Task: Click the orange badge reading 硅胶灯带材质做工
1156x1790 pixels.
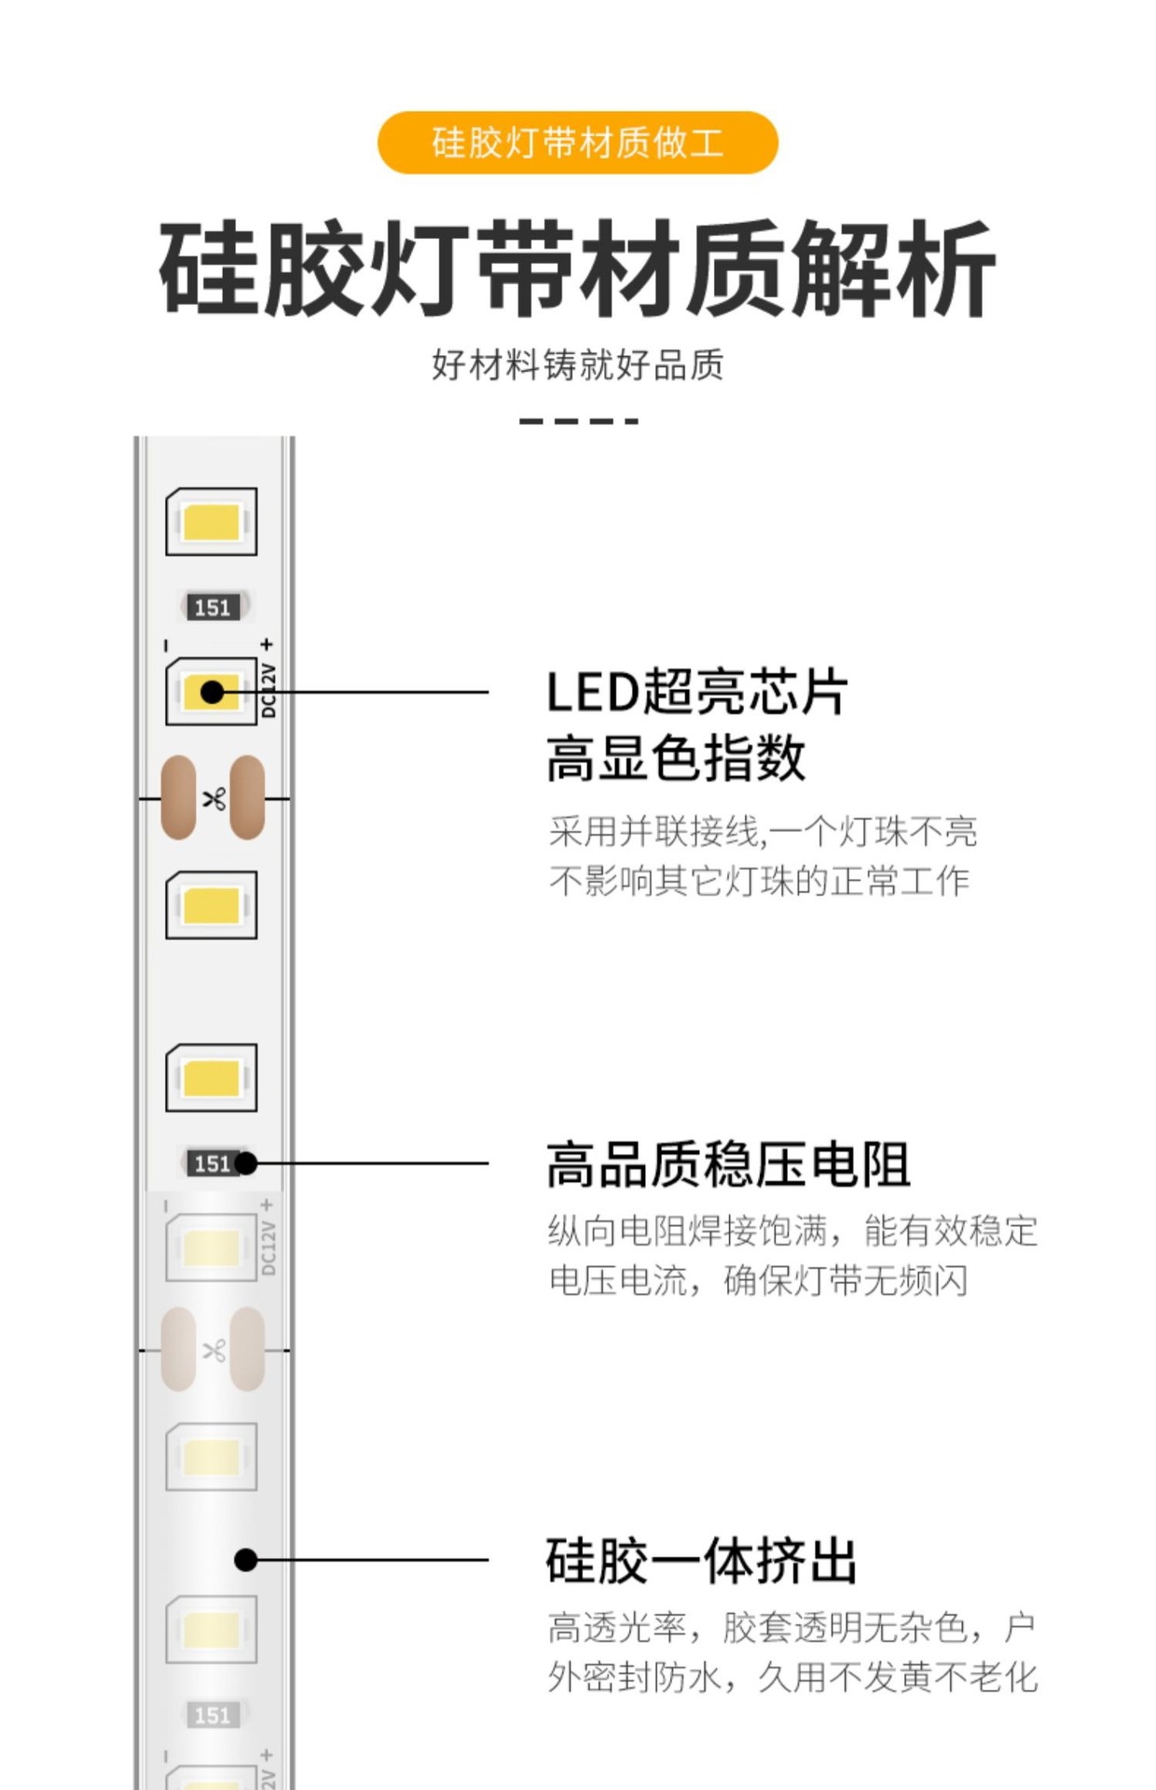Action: (x=577, y=143)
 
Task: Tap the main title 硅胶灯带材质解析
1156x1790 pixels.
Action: (x=577, y=268)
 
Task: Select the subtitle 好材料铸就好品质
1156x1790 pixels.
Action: (x=577, y=365)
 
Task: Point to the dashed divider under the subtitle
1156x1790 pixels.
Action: (x=578, y=421)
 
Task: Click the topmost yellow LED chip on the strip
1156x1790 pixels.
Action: (x=212, y=522)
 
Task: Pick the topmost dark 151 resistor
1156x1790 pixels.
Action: (x=213, y=608)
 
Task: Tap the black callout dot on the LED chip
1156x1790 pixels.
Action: (x=213, y=692)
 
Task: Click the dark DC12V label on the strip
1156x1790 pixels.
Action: (x=268, y=691)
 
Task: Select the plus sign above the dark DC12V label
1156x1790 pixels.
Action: (x=268, y=644)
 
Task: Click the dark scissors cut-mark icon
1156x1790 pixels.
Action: (x=214, y=798)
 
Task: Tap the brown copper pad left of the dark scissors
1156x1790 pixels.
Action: (x=178, y=797)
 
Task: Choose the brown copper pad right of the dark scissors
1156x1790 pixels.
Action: (x=248, y=797)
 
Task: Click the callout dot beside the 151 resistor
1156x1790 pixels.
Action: (x=246, y=1163)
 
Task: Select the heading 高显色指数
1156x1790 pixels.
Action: (x=676, y=757)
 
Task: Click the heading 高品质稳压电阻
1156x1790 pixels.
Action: (x=728, y=1164)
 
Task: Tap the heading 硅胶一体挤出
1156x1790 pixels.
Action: (x=701, y=1561)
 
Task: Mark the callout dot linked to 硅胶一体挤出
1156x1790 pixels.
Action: (x=246, y=1560)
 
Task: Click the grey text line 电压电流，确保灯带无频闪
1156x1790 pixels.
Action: (x=758, y=1280)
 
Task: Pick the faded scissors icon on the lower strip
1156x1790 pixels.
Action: (x=214, y=1350)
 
